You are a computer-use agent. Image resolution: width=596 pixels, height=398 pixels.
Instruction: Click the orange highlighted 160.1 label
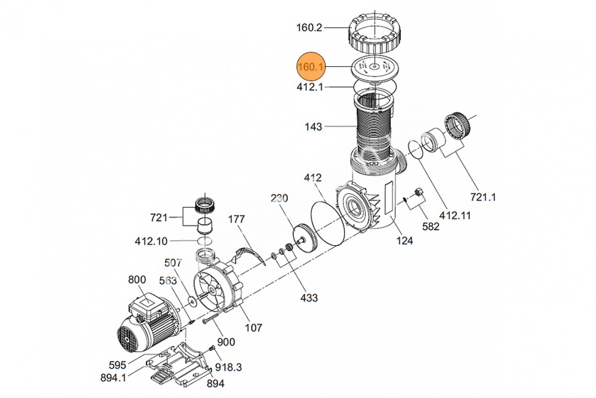tap(311, 67)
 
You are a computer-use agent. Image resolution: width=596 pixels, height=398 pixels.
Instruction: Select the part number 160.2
tap(309, 27)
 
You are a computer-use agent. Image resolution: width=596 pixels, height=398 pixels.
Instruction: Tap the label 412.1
tap(310, 87)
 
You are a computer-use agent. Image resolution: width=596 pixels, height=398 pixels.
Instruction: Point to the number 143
tap(313, 127)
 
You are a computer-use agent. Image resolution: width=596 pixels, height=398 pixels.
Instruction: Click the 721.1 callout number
tap(483, 198)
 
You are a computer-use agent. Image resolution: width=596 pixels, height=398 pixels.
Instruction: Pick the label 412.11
tap(455, 215)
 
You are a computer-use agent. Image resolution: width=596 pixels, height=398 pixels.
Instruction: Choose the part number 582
tap(431, 226)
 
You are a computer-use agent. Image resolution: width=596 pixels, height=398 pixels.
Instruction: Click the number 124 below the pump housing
tap(405, 241)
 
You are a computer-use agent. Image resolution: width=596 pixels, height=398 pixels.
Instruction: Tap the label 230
tap(279, 198)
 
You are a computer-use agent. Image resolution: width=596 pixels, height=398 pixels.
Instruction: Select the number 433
tap(309, 298)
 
